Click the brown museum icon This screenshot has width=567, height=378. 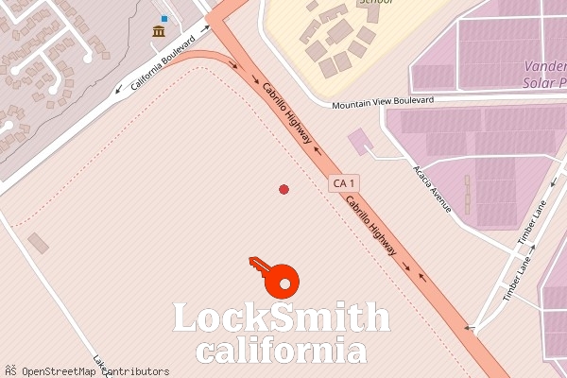(159, 32)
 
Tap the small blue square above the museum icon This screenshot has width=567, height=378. (164, 18)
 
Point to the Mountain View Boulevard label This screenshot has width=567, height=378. (383, 100)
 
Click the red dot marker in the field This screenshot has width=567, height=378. (283, 190)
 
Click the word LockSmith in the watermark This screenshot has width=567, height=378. (282, 318)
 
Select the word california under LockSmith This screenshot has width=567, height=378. (281, 352)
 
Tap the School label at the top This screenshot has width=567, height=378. (374, 3)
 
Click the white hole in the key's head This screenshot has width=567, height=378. (283, 281)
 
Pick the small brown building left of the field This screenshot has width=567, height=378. (38, 243)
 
